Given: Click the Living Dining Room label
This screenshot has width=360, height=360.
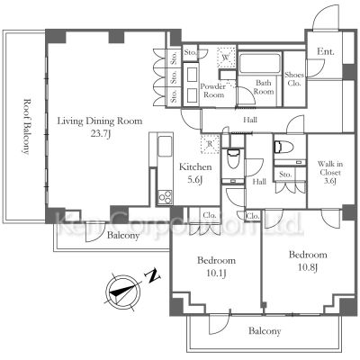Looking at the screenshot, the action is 100,121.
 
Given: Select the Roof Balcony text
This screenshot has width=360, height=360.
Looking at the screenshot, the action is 26,126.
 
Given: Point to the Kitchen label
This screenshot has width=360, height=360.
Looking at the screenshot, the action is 195,166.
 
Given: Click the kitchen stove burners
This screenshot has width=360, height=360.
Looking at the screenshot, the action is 165,197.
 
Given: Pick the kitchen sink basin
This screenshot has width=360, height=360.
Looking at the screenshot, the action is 165,146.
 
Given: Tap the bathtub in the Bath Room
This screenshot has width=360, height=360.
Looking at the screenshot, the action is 260,63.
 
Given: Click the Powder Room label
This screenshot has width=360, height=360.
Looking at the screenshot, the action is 213,91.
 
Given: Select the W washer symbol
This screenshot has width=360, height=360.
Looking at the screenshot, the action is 226,57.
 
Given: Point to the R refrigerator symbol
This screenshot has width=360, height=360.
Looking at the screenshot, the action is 211,144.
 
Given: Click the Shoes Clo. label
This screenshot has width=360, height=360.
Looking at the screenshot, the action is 294,79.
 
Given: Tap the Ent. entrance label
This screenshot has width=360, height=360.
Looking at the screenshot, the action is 326,51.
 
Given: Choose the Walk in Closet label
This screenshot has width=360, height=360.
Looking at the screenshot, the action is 330,173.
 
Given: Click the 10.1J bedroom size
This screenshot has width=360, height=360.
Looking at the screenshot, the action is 216,274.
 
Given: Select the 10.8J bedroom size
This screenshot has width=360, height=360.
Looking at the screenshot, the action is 308,267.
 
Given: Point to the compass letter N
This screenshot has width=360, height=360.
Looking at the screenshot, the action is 153,275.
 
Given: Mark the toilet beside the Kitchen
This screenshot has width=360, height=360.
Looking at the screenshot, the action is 233,158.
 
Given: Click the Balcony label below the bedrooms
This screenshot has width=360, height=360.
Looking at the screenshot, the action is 265,331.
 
